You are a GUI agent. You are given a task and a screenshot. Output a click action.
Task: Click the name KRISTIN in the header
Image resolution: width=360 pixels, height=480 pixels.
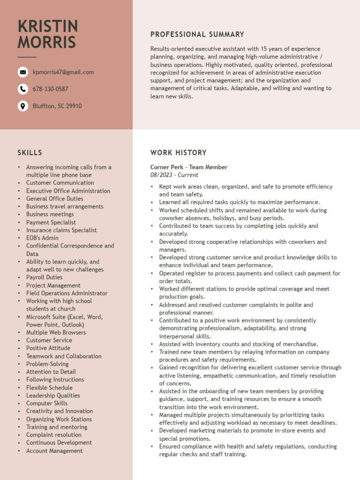click(48, 26)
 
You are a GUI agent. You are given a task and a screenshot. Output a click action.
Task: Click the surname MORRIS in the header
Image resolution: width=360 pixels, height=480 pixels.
click(47, 42)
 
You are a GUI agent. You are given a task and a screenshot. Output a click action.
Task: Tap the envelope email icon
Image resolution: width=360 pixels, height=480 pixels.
click(22, 72)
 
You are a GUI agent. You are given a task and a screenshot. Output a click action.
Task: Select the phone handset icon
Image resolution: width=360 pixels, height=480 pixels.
click(22, 89)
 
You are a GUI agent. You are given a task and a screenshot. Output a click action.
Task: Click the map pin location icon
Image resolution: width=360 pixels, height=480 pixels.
click(22, 106)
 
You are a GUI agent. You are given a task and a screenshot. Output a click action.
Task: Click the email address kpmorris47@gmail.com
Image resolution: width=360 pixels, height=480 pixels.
click(63, 72)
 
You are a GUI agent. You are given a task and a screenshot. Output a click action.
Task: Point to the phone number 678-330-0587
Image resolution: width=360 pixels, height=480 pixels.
click(50, 89)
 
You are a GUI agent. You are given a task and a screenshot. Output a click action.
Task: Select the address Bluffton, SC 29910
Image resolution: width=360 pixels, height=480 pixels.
click(57, 106)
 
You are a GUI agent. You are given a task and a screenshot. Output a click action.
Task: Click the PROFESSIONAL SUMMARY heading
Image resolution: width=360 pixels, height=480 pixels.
click(197, 34)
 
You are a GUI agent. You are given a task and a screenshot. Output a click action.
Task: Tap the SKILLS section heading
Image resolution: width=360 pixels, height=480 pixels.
click(30, 152)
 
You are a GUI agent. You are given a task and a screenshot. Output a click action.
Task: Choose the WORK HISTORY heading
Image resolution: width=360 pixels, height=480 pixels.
click(178, 152)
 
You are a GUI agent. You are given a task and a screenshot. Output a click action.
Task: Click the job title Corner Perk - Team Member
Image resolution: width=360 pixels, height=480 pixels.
click(189, 167)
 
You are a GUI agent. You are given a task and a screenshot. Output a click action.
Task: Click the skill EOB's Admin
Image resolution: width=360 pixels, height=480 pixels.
click(42, 238)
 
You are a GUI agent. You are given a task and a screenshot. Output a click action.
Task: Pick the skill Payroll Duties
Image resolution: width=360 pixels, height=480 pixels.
click(44, 277)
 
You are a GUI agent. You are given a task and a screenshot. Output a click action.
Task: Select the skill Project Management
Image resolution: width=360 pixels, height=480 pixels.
click(53, 285)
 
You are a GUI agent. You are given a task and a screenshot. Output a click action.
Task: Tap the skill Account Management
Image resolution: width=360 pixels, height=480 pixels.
click(54, 451)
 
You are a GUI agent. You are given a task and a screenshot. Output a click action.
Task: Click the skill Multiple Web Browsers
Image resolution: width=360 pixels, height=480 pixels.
click(56, 332)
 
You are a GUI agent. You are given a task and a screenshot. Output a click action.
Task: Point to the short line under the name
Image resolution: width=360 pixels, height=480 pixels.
click(27, 57)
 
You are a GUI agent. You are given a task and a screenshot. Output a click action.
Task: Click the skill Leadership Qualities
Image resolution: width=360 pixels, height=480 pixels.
click(53, 396)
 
